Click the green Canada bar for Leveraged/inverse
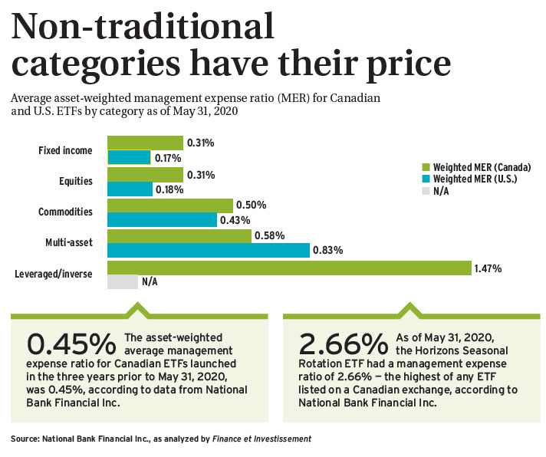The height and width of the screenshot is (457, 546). [288, 268]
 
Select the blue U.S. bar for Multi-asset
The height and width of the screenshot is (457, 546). [208, 250]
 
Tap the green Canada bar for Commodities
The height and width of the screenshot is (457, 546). [169, 205]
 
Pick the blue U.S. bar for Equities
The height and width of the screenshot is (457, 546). [130, 189]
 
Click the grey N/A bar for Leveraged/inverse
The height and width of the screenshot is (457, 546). [122, 282]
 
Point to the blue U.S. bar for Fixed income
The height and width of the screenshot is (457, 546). [128, 157]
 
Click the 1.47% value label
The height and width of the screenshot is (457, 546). [488, 268]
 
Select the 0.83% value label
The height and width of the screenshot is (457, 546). [328, 250]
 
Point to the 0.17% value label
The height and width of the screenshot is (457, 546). [168, 158]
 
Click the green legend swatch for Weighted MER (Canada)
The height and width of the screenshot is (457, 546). [426, 167]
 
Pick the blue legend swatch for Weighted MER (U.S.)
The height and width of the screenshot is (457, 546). [426, 179]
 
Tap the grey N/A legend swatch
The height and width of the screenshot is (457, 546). [426, 191]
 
